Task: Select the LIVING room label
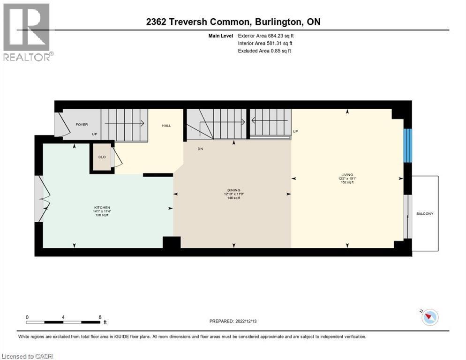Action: (347, 174)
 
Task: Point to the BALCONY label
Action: (425, 214)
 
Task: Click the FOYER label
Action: (82, 125)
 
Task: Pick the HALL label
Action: (166, 126)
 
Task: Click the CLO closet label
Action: (102, 157)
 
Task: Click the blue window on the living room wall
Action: (408, 145)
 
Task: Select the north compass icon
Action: (429, 317)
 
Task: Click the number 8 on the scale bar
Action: (100, 317)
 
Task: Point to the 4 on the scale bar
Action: (63, 317)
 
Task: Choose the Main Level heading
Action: (221, 35)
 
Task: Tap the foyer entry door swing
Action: (60, 125)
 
